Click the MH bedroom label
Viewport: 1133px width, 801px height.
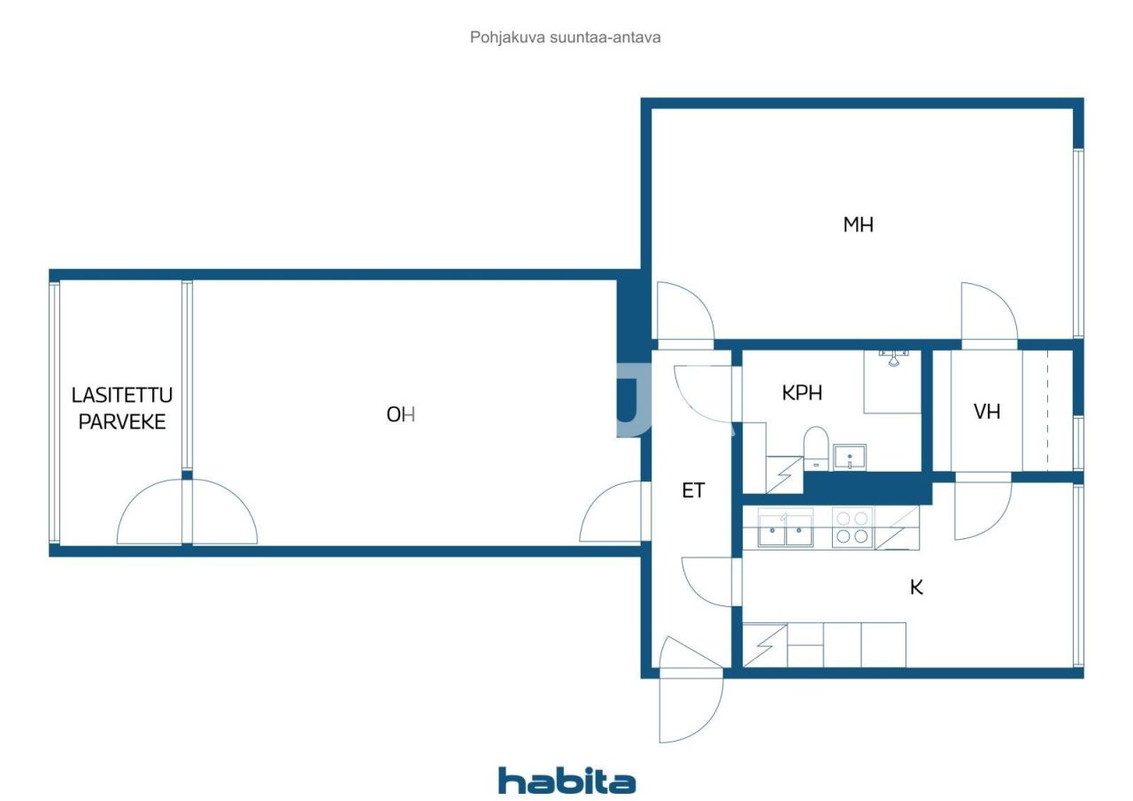tap(858, 225)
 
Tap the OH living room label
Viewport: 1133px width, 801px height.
tap(400, 414)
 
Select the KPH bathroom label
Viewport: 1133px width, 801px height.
tap(801, 393)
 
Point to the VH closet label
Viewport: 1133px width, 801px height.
tap(986, 412)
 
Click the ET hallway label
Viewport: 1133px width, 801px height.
tap(693, 491)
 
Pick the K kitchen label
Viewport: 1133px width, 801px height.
tap(916, 587)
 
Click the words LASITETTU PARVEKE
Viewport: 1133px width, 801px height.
tap(122, 408)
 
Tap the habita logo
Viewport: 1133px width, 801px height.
tap(566, 781)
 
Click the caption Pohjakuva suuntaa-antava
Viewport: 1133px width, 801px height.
tap(566, 38)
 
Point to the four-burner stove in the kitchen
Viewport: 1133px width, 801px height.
tap(852, 528)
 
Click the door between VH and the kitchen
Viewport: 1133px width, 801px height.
tap(983, 509)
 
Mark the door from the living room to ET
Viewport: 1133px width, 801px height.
tap(613, 513)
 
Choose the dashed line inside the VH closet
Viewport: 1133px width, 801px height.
tap(1047, 412)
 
